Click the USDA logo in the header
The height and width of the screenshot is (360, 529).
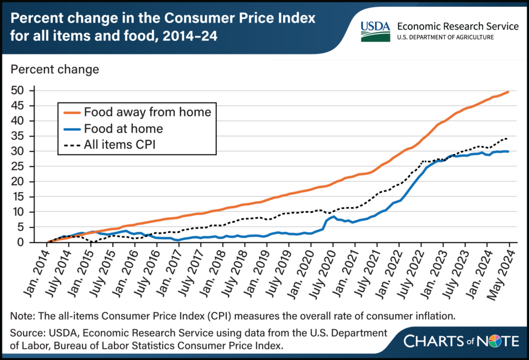(x=375, y=31)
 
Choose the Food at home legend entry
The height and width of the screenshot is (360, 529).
(x=123, y=129)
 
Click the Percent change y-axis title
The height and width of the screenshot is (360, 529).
(x=55, y=69)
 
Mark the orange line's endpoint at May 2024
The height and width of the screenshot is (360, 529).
(x=509, y=92)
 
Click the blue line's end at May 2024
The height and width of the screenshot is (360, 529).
(x=509, y=151)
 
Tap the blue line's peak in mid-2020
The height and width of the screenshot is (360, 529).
(x=334, y=216)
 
